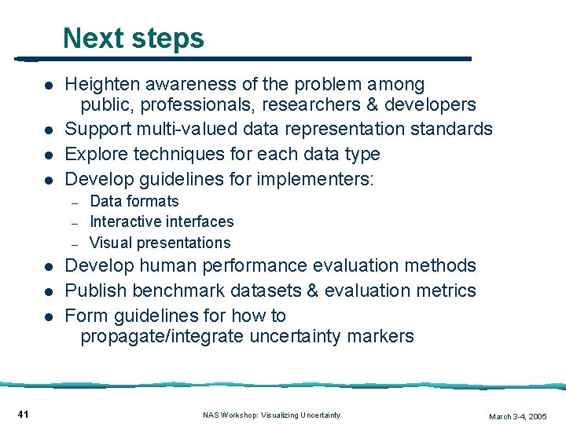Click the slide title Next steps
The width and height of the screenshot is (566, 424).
pyautogui.click(x=134, y=38)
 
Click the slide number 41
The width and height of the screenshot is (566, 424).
pyautogui.click(x=23, y=414)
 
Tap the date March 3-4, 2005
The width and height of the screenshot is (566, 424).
pyautogui.click(x=517, y=416)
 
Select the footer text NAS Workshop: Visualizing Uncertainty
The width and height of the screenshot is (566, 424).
pyautogui.click(x=271, y=415)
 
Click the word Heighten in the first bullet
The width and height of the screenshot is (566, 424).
pyautogui.click(x=100, y=84)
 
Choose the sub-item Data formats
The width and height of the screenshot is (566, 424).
pyautogui.click(x=134, y=202)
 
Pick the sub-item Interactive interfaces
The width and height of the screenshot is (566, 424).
pyautogui.click(x=162, y=222)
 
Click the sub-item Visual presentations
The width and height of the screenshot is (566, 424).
pyautogui.click(x=160, y=243)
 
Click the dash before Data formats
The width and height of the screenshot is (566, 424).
pyautogui.click(x=73, y=203)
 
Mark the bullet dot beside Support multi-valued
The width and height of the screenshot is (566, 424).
pyautogui.click(x=48, y=130)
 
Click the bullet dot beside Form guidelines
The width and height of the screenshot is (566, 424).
pyautogui.click(x=48, y=316)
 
